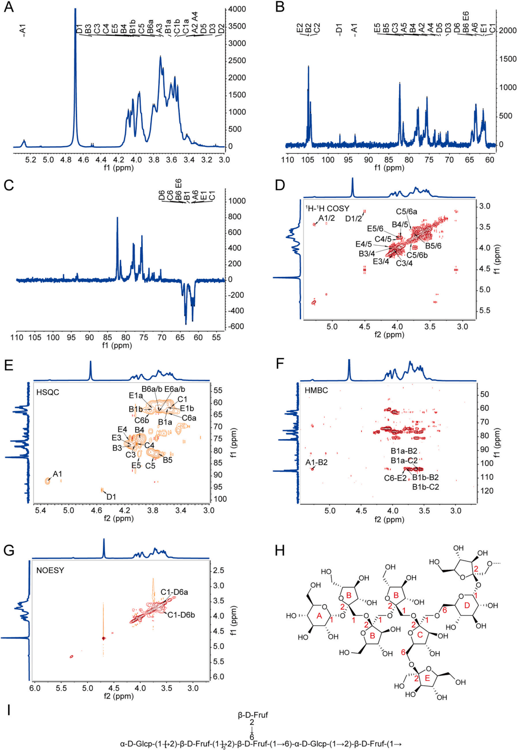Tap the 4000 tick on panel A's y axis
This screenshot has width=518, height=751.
[237, 9]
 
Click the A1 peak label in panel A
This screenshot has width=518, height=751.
[23, 30]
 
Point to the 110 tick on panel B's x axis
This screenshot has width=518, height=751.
[287, 160]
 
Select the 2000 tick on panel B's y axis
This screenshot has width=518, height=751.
[507, 30]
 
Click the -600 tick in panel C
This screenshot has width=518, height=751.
[236, 326]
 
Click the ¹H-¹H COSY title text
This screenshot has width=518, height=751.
[327, 208]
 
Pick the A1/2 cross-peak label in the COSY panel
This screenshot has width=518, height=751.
[327, 218]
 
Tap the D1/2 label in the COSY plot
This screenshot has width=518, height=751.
[353, 219]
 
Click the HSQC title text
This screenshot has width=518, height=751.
[48, 392]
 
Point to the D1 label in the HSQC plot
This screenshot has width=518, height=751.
[111, 497]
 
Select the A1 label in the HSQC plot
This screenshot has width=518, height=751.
[57, 474]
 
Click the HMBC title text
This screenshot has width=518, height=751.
[316, 390]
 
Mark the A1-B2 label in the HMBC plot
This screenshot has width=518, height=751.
[317, 462]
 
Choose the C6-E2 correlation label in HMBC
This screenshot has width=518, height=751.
[395, 478]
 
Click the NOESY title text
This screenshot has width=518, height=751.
[50, 570]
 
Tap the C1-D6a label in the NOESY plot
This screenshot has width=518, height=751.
[174, 592]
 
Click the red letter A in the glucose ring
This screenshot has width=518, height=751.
[319, 615]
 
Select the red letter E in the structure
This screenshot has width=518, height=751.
[427, 678]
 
